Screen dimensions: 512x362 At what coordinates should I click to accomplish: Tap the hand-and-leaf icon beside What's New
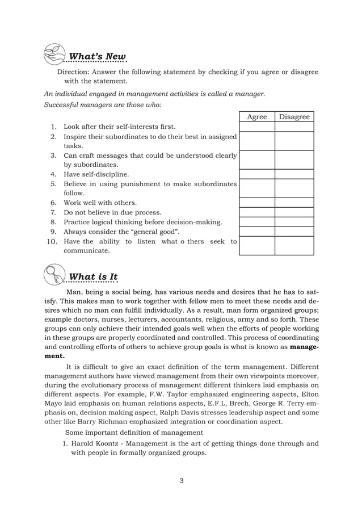pyautogui.click(x=54, y=52)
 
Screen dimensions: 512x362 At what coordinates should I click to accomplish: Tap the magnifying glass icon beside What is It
pyautogui.click(x=54, y=274)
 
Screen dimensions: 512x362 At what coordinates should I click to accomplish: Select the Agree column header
pyautogui.click(x=257, y=117)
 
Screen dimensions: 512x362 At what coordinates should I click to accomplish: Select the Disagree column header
pyautogui.click(x=294, y=117)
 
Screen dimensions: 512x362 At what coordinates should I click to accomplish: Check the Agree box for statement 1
pyautogui.click(x=257, y=127)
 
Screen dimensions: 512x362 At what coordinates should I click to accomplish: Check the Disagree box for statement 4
pyautogui.click(x=294, y=174)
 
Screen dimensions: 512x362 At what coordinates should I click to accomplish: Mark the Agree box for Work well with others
pyautogui.click(x=257, y=203)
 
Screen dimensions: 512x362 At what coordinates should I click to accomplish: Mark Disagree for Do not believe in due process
pyautogui.click(x=294, y=212)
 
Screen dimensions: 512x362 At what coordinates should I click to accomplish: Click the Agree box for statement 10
pyautogui.click(x=257, y=246)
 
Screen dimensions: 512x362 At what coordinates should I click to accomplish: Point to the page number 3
pyautogui.click(x=181, y=481)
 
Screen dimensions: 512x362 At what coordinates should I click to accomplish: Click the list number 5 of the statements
pyautogui.click(x=53, y=184)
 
